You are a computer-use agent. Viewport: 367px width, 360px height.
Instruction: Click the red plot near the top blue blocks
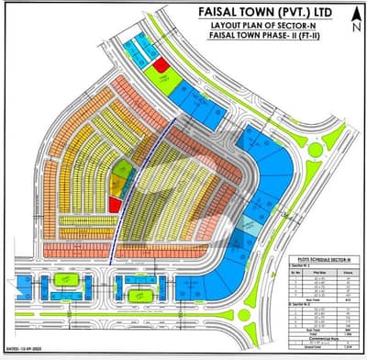tap(161, 65)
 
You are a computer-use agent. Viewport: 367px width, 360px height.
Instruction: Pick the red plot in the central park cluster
tap(115, 204)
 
